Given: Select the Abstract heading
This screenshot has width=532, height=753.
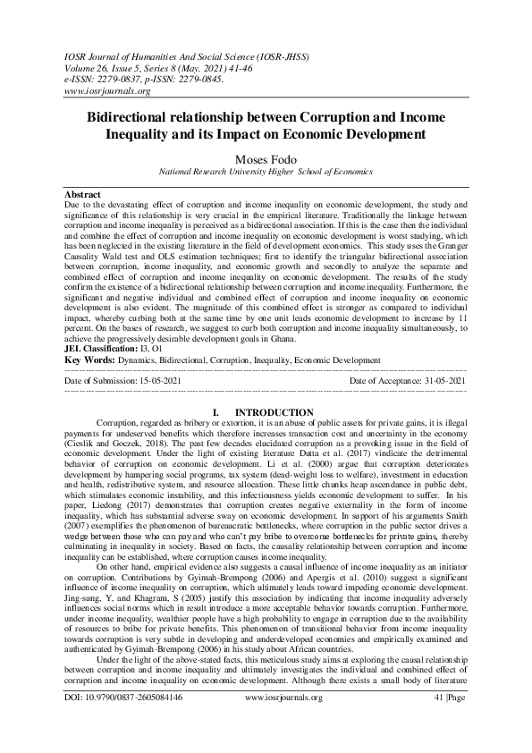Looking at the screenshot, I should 82,194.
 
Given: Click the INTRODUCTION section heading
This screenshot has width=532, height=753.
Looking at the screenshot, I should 278,412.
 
